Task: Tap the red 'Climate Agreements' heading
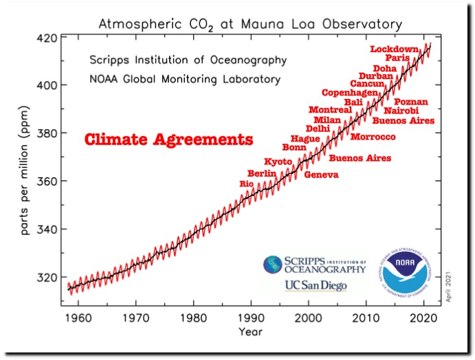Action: click(x=168, y=140)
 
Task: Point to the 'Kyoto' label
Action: click(x=278, y=161)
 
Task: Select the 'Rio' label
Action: click(x=246, y=184)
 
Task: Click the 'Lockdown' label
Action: click(x=394, y=49)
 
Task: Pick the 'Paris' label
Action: click(x=397, y=58)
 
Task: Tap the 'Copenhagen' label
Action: click(x=350, y=93)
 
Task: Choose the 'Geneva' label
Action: click(x=322, y=175)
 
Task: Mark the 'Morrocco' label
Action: click(x=373, y=137)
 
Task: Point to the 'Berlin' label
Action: click(x=261, y=173)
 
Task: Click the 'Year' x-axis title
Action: click(x=251, y=332)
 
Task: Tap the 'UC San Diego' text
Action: click(x=316, y=286)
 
